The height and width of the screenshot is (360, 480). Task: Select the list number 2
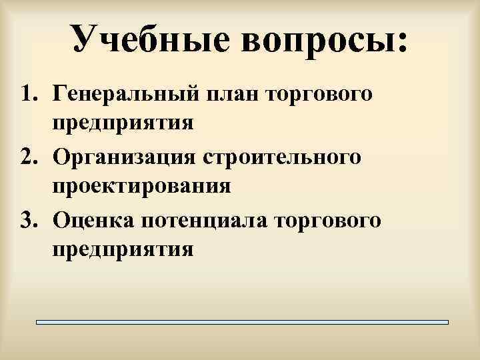[x=27, y=158]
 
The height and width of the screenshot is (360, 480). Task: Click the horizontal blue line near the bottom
[x=242, y=321]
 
